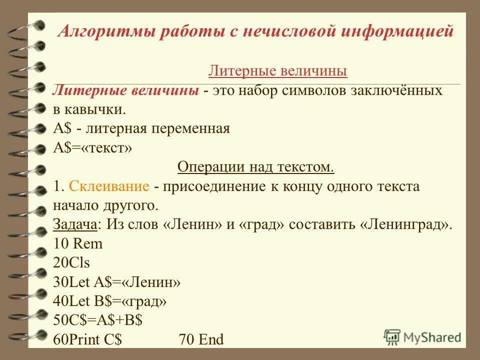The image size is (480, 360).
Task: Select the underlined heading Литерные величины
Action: [x=277, y=71]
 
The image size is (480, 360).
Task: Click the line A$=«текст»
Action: [x=92, y=147]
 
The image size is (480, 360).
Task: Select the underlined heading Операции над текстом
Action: [x=255, y=166]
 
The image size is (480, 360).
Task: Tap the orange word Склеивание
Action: [x=109, y=186]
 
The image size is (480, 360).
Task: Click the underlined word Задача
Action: [x=74, y=224]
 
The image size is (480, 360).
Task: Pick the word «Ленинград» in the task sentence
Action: [x=405, y=224]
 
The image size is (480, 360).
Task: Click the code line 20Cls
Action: [x=71, y=262]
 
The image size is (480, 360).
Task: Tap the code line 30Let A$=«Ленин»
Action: [x=116, y=282]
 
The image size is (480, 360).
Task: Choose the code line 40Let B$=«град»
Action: [x=110, y=301]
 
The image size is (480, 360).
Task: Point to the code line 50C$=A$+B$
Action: [x=98, y=320]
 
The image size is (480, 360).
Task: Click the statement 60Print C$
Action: [x=87, y=339]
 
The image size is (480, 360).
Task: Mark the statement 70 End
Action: [x=200, y=339]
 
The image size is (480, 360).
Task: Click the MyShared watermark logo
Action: [x=423, y=337]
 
